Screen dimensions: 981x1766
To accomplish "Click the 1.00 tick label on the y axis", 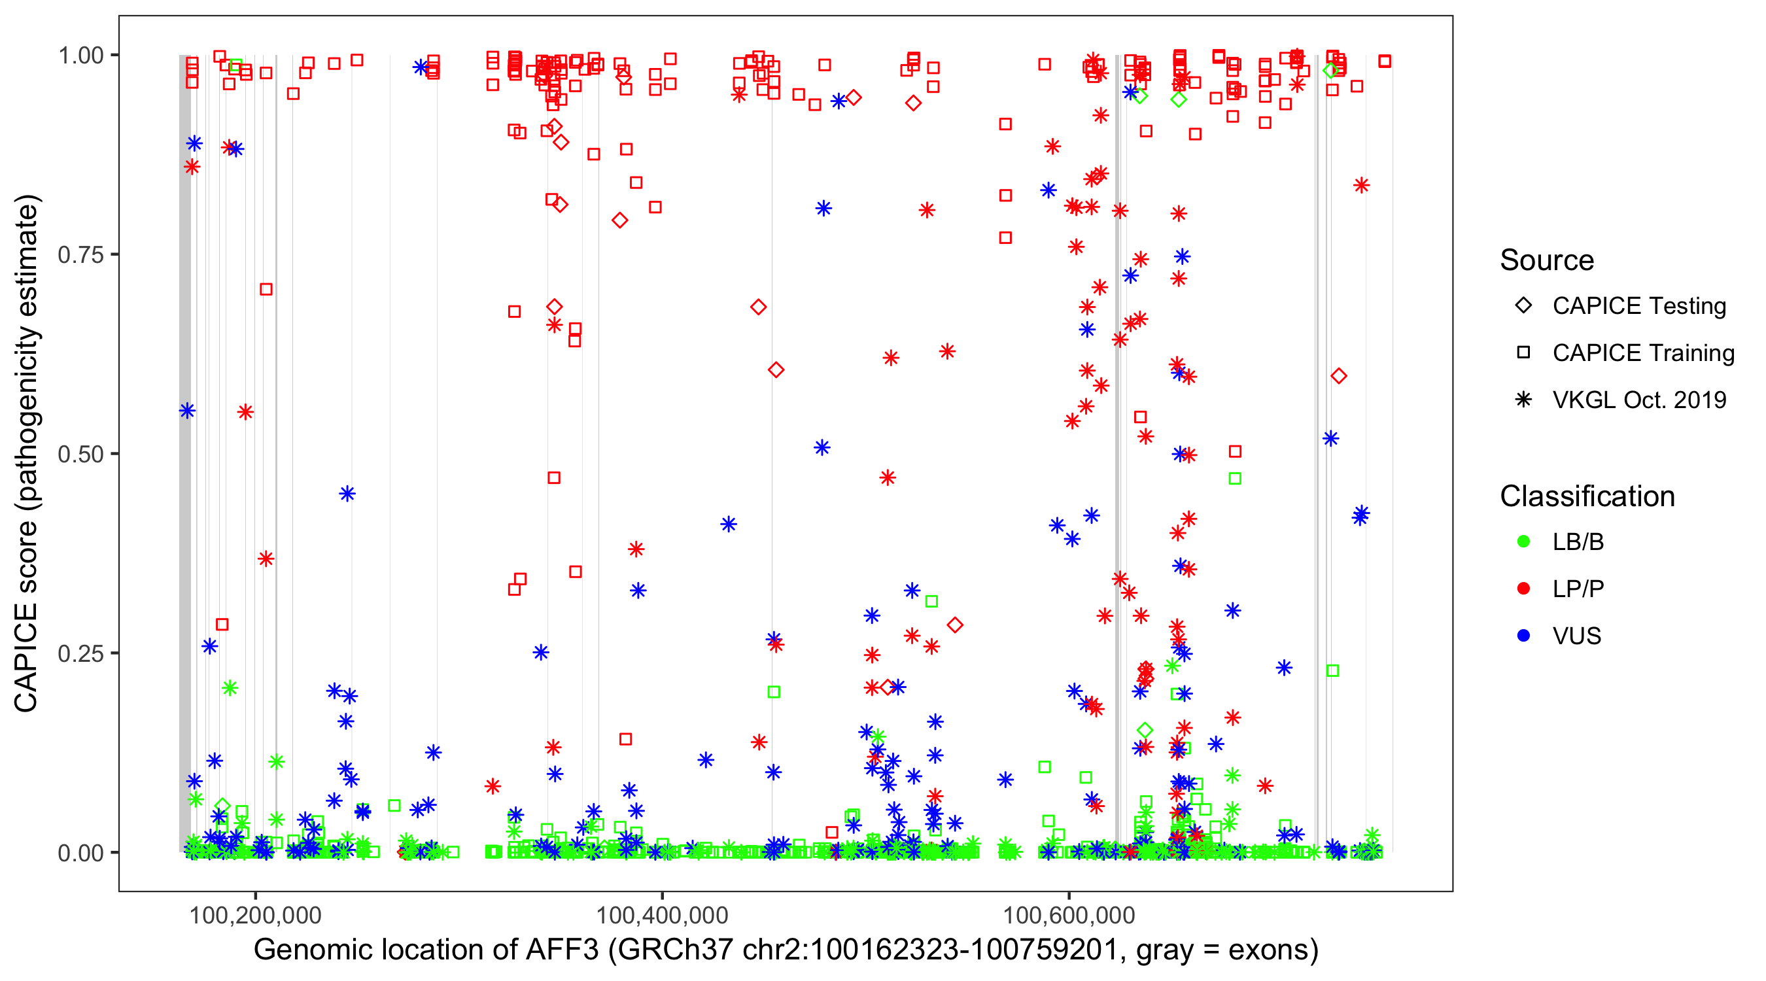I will tap(80, 55).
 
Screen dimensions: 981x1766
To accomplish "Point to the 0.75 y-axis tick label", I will tap(80, 254).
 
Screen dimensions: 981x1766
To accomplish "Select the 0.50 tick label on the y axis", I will tap(80, 454).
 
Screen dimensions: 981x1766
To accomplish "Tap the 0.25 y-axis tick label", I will tap(80, 653).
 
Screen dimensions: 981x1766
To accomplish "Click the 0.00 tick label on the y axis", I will tap(80, 853).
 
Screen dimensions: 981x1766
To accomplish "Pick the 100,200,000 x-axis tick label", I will tap(255, 915).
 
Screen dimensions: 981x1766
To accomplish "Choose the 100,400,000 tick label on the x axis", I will tap(662, 915).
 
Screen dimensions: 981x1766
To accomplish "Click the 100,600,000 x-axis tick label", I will tap(1069, 915).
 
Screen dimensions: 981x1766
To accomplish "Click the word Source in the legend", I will tap(1547, 260).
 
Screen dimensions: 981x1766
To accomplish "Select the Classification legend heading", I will tap(1587, 496).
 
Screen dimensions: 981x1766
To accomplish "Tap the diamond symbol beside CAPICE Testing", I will tap(1523, 306).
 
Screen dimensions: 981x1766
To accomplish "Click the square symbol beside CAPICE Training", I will tap(1523, 353).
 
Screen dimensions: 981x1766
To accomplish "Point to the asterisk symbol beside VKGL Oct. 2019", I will tap(1523, 400).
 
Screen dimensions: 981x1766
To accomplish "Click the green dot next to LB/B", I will tap(1523, 542).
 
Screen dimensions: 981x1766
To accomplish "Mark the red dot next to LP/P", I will tap(1523, 589).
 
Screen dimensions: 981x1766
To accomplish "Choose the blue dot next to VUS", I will tap(1523, 636).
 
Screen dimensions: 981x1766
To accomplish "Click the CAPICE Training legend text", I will tap(1643, 353).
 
